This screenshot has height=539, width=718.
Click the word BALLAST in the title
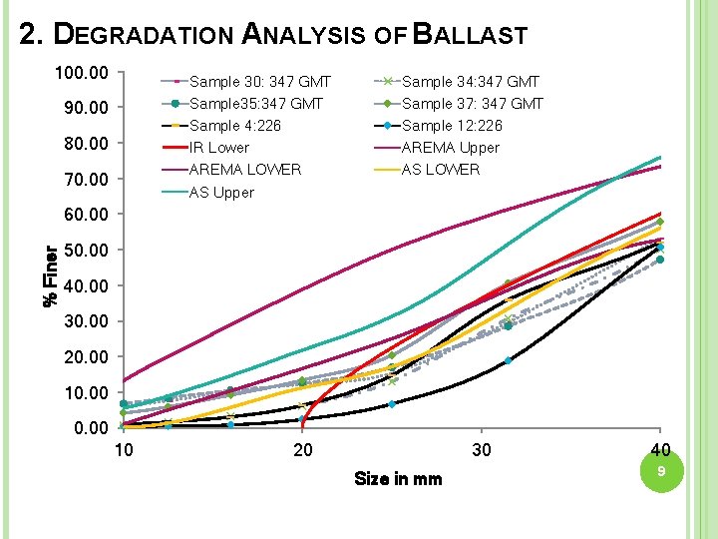tap(470, 35)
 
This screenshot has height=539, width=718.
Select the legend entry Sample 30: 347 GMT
tap(259, 82)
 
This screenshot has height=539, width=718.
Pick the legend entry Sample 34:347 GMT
tap(470, 82)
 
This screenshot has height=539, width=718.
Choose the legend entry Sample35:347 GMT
tap(255, 104)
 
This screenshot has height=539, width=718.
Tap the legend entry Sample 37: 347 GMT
tap(472, 104)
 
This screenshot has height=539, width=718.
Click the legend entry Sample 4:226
tap(234, 126)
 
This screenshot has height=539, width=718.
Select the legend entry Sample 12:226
tap(451, 126)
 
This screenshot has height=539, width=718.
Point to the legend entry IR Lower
tap(219, 148)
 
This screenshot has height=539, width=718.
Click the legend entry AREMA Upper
tap(450, 148)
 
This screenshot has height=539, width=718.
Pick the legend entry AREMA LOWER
tap(244, 170)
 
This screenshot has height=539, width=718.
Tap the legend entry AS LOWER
tap(440, 170)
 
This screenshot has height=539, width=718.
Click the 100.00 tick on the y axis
tap(84, 73)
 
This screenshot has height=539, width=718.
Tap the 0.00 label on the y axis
tap(91, 428)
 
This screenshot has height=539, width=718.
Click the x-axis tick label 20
tap(302, 450)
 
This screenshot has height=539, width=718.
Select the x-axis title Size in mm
tap(398, 479)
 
